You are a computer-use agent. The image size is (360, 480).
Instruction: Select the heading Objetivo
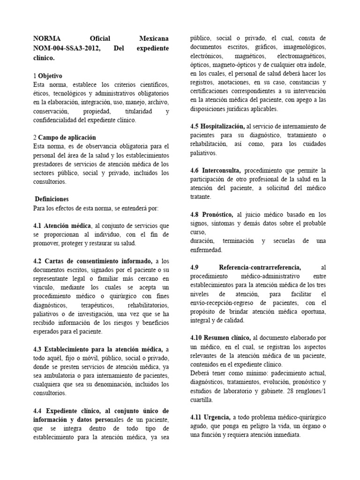click(50, 75)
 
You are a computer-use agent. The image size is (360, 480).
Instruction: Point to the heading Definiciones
click(52, 199)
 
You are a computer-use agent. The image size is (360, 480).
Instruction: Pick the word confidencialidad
click(57, 120)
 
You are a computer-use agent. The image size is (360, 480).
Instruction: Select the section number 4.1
click(38, 225)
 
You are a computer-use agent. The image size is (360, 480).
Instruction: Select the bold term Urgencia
click(216, 417)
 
